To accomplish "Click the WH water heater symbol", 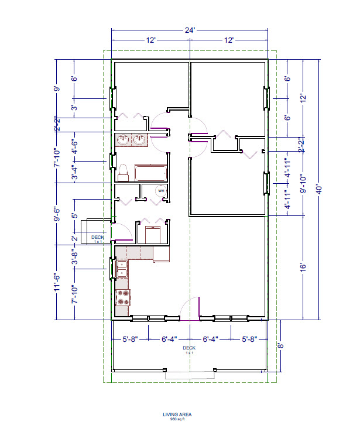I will pos(160,191).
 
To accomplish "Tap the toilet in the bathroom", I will pos(124,172).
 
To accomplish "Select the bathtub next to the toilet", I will pos(151,172).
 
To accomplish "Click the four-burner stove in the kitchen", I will pos(123,297).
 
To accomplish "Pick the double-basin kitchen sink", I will pos(122,269).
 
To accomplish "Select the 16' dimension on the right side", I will pos(303,266).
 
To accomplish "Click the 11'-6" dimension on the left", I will pos(57,282).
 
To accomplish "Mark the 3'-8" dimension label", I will pos(74,258).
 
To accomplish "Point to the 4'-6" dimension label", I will pos(74,145).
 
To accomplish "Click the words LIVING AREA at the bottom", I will pos(177,414).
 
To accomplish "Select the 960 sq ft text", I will pos(177,419).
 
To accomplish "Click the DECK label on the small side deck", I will pos(97,237).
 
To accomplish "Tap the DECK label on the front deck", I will pos(189,348).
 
